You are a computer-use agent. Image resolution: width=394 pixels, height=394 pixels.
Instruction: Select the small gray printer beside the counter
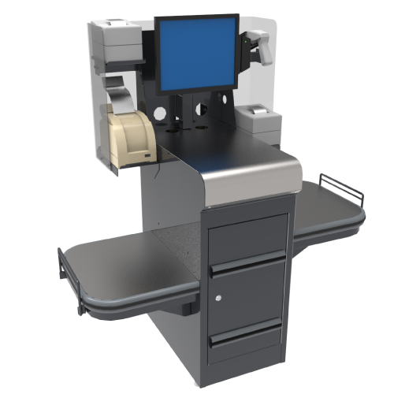coord(257,123)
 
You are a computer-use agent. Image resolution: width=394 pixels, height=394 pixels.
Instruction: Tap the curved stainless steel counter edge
coord(252,177)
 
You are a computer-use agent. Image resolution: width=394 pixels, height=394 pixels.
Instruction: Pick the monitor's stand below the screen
coord(196,106)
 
